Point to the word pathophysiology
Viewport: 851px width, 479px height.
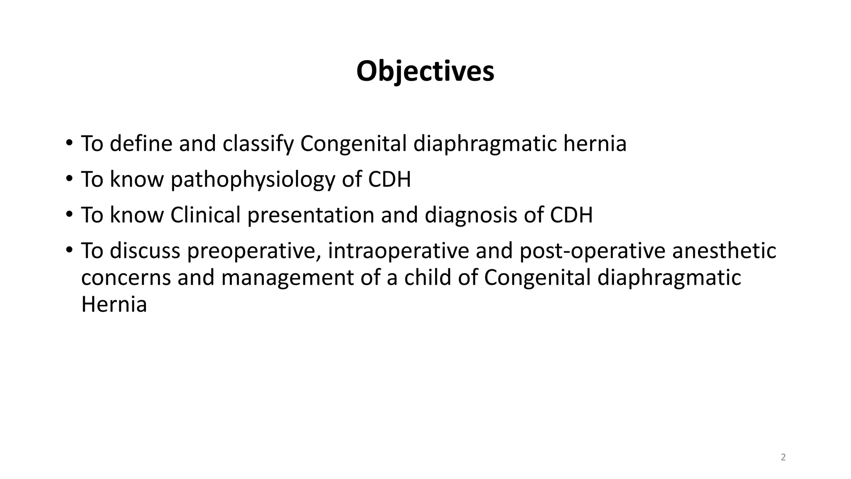253,180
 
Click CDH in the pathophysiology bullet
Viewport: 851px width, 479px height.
389,180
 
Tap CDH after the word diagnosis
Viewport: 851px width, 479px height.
571,215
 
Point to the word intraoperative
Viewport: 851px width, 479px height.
398,251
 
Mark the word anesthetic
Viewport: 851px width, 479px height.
724,251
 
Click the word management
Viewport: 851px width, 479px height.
287,278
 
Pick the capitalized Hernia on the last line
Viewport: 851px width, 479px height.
114,304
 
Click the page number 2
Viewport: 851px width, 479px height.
783,457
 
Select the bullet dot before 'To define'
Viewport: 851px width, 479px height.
69,143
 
